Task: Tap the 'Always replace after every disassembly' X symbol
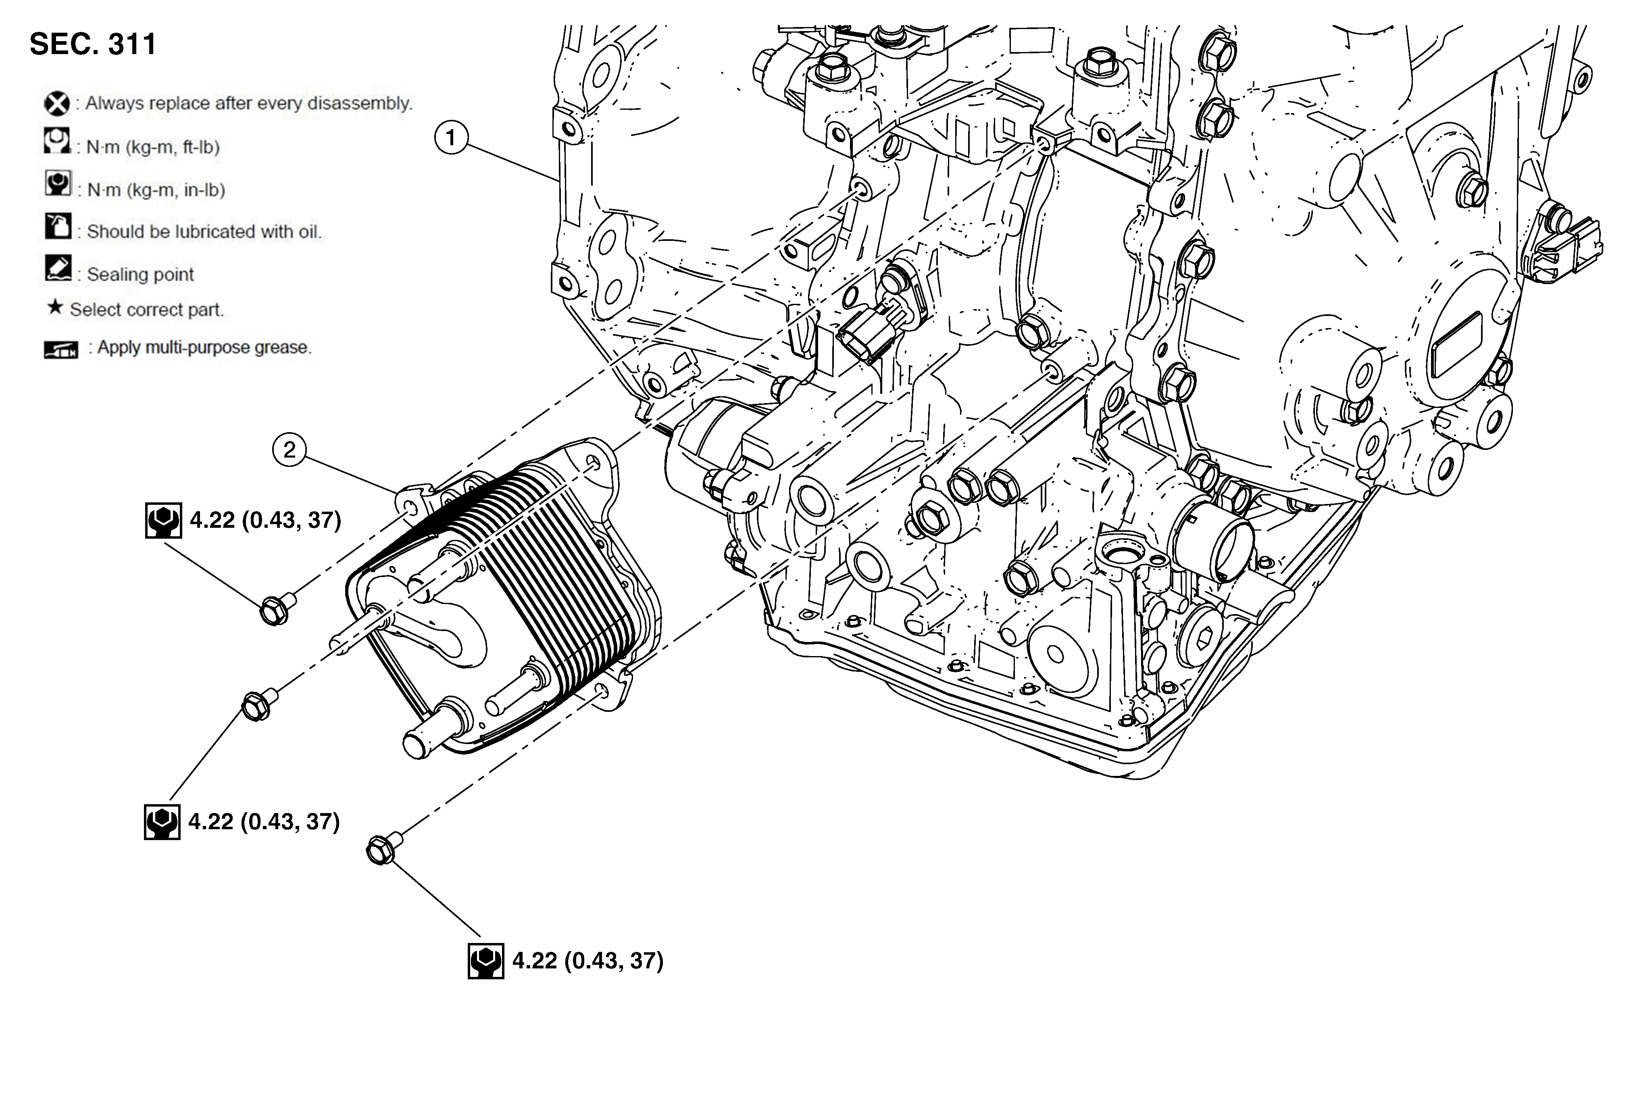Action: [57, 104]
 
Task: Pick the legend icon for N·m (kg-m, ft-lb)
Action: [57, 140]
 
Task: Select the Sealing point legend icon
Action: [58, 268]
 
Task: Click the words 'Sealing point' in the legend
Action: [140, 275]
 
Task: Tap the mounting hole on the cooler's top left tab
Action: [410, 506]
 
